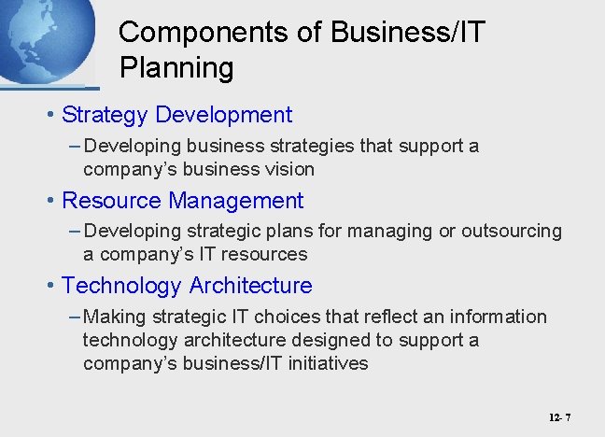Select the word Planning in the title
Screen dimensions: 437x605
pos(176,67)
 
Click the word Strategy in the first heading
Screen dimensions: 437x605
pos(105,115)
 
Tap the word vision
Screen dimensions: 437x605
pos(288,169)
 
